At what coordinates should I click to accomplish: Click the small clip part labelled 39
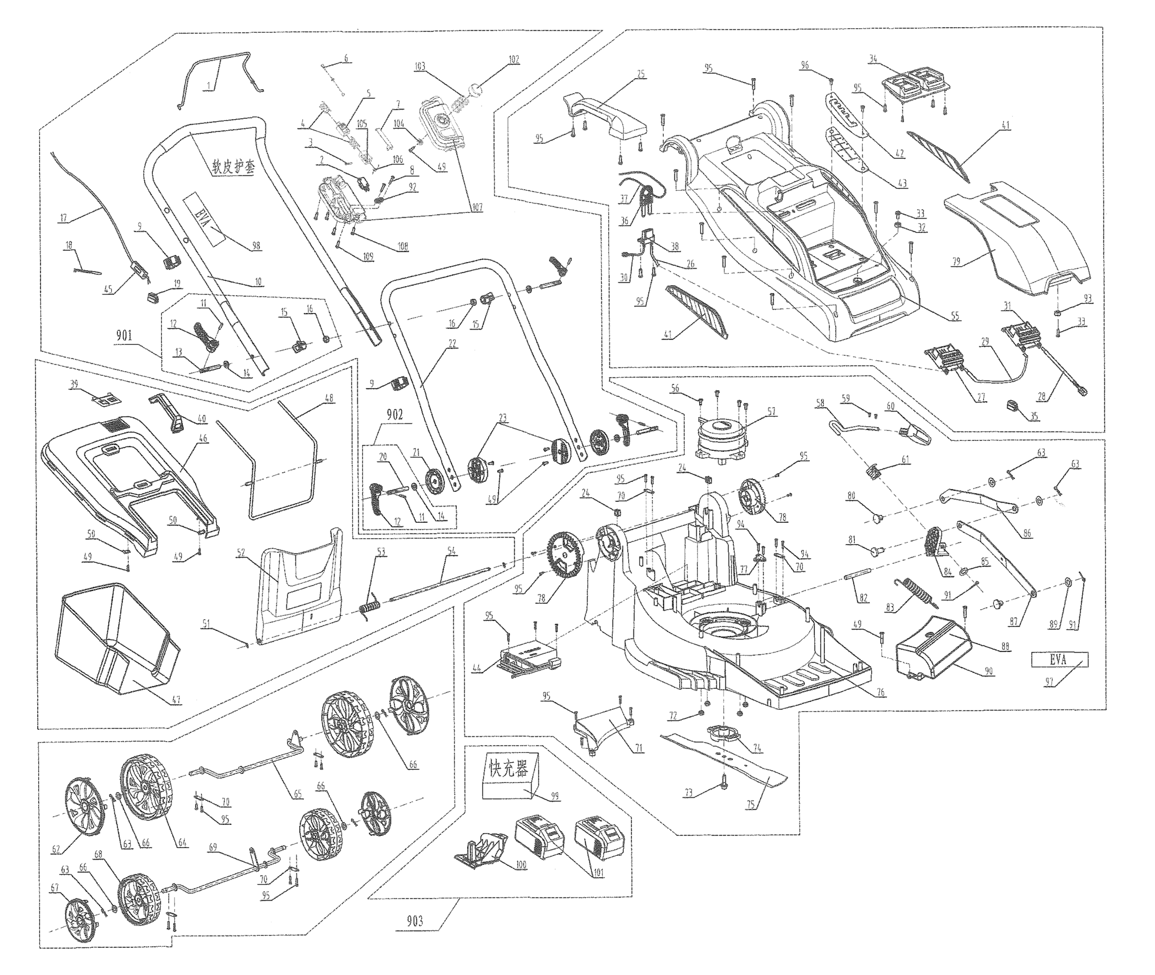[107, 397]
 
